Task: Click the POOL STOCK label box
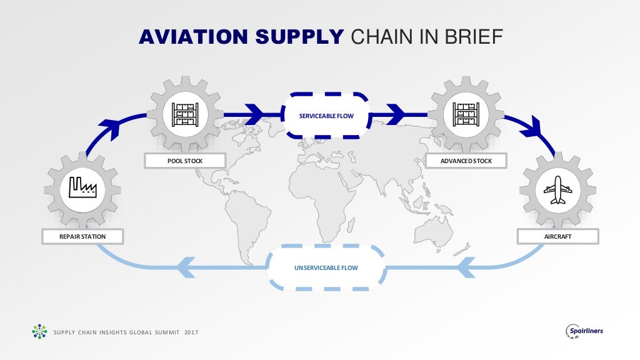185,161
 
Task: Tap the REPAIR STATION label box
82,237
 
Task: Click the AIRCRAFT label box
557,237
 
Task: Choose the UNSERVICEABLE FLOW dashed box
326,267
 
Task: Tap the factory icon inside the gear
82,187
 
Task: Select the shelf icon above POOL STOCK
185,114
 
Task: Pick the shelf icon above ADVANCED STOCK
465,114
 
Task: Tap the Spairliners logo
584,331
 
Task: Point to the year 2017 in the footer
191,332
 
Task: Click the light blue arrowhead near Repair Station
187,267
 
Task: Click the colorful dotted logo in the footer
39,331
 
